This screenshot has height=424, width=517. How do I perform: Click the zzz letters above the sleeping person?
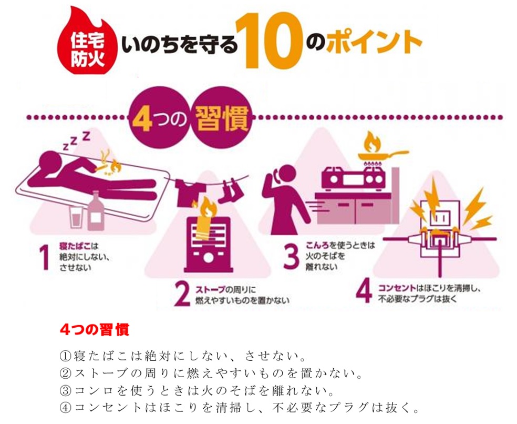[76, 142]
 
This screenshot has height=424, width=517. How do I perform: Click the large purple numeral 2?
[181, 295]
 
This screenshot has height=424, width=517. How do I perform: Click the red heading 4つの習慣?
[94, 330]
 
